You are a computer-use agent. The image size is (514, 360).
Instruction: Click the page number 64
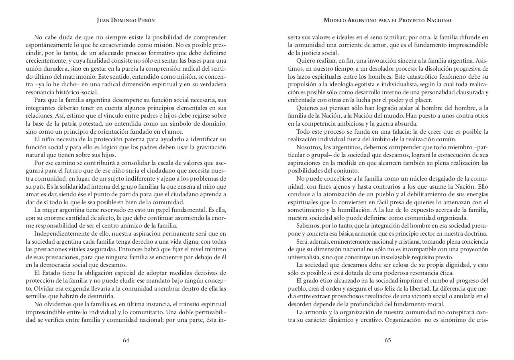tap(126, 340)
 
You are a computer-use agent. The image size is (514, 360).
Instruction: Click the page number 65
tap(388, 340)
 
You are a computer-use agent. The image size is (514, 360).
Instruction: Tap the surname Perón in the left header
tap(144, 20)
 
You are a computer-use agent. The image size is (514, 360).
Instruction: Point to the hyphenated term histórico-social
tap(70, 92)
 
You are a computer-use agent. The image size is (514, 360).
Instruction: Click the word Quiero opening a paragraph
tap(306, 61)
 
